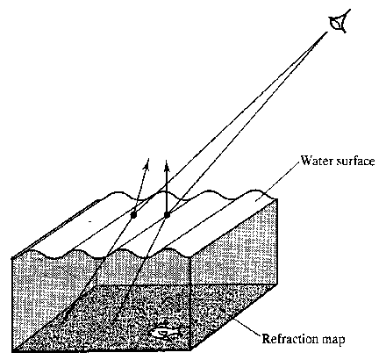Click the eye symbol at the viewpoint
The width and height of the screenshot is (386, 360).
pyautogui.click(x=340, y=21)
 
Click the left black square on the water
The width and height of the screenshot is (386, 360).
pyautogui.click(x=134, y=215)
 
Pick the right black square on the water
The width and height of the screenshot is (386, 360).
pyautogui.click(x=167, y=215)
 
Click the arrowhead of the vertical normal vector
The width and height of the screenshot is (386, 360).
pyautogui.click(x=167, y=165)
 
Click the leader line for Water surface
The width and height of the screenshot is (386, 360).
pyautogui.click(x=278, y=181)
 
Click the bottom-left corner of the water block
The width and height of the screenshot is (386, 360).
pyautogui.click(x=13, y=350)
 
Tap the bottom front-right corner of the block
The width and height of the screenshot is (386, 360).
pyautogui.click(x=190, y=349)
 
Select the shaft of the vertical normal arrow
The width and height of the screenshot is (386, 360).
pyautogui.click(x=167, y=191)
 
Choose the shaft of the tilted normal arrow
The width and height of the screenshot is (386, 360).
pyautogui.click(x=140, y=191)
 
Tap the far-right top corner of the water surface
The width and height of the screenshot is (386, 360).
pyautogui.click(x=276, y=199)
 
